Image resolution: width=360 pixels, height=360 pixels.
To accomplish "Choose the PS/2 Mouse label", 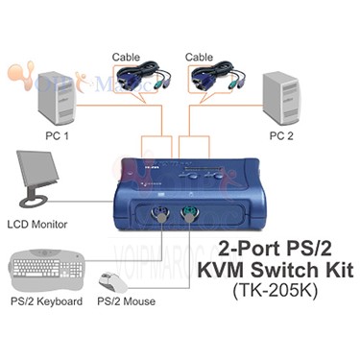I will (127, 300).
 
